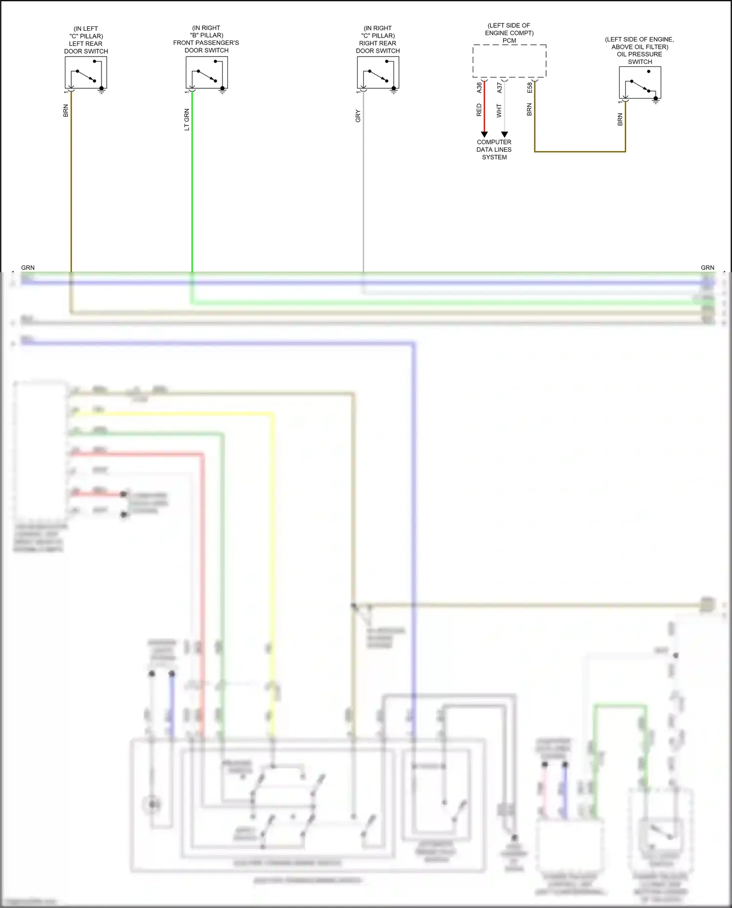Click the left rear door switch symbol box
[x=86, y=72]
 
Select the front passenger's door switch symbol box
[x=206, y=72]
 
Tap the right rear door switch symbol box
[x=378, y=72]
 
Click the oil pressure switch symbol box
[x=640, y=82]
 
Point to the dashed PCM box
[x=509, y=61]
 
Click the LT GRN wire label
[x=186, y=120]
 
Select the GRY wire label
[x=358, y=116]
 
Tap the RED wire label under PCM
[x=479, y=110]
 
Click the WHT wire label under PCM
[x=499, y=111]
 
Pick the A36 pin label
[x=479, y=87]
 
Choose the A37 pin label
[x=499, y=87]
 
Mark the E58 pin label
[x=529, y=87]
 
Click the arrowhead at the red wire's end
[x=484, y=134]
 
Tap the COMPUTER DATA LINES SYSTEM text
[x=494, y=149]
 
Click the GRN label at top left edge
[x=28, y=267]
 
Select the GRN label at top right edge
[x=707, y=267]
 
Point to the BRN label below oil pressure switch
[x=620, y=120]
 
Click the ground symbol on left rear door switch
[x=102, y=90]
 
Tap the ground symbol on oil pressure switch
[x=656, y=101]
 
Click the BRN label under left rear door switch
[x=65, y=111]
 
